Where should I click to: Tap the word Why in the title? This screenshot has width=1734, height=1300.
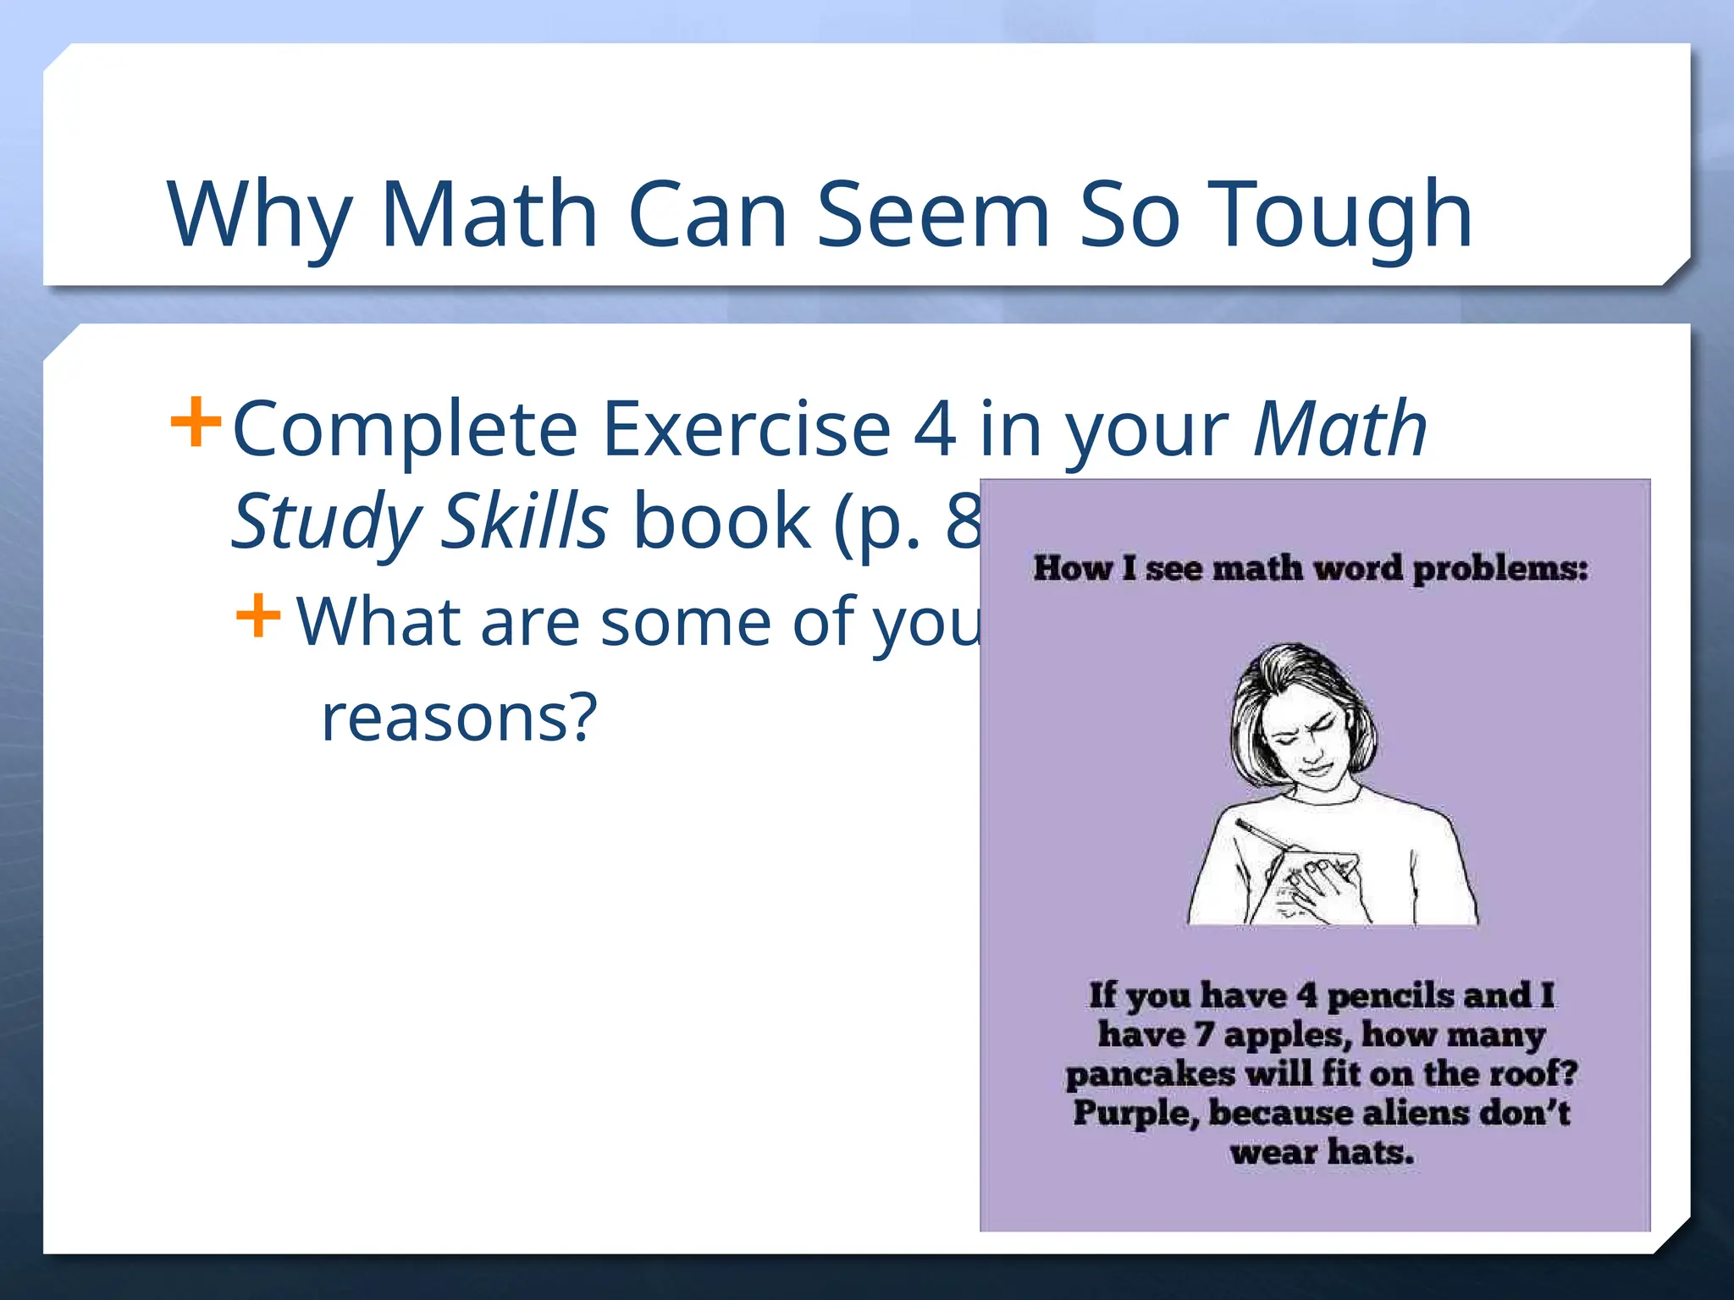pyautogui.click(x=259, y=216)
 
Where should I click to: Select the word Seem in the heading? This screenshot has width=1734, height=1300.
pyautogui.click(x=933, y=216)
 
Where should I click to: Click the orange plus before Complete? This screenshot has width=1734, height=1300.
pyautogui.click(x=196, y=421)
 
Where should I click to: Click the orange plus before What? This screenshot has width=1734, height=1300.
pyautogui.click(x=258, y=615)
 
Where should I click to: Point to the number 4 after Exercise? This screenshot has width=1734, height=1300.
pyautogui.click(x=935, y=430)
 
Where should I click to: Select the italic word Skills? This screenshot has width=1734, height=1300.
pyautogui.click(x=526, y=521)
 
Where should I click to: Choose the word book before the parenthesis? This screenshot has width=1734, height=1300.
pyautogui.click(x=721, y=521)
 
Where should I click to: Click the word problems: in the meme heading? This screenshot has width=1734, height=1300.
pyautogui.click(x=1499, y=569)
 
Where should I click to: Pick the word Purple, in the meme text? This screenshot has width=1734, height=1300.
pyautogui.click(x=1135, y=1114)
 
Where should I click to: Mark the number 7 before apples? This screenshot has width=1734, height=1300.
pyautogui.click(x=1203, y=1035)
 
